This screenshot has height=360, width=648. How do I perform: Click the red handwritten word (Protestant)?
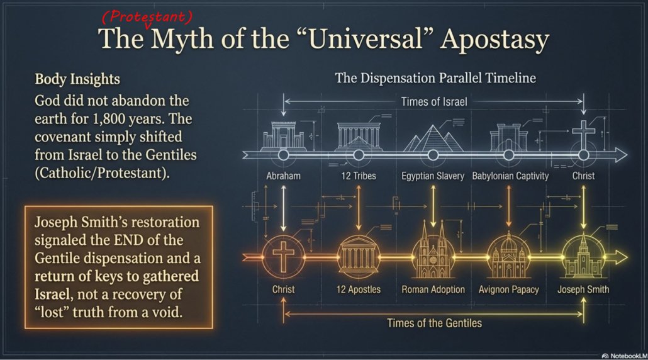click(x=147, y=16)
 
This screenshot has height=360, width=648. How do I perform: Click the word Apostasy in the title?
click(x=494, y=40)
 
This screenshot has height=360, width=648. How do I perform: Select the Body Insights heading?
click(x=77, y=79)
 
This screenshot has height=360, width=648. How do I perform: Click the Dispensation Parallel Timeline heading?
click(x=435, y=77)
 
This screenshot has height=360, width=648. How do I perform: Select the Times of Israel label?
click(x=434, y=102)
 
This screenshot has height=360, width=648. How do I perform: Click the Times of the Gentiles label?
click(x=434, y=323)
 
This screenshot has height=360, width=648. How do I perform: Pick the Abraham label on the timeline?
click(x=283, y=176)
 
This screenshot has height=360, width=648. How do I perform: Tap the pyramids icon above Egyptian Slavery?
click(x=433, y=138)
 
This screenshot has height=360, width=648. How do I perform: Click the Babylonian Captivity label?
click(x=510, y=176)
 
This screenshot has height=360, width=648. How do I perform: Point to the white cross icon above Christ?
click(x=583, y=133)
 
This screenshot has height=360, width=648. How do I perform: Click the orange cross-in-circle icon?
click(x=283, y=257)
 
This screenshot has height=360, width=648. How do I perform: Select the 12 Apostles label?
click(x=359, y=290)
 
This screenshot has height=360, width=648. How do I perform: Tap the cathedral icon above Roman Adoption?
click(x=433, y=250)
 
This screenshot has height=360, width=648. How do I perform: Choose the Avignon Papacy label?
click(x=509, y=290)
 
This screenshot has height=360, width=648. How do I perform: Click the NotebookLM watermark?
click(x=625, y=356)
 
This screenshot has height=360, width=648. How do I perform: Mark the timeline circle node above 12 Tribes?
click(x=359, y=155)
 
